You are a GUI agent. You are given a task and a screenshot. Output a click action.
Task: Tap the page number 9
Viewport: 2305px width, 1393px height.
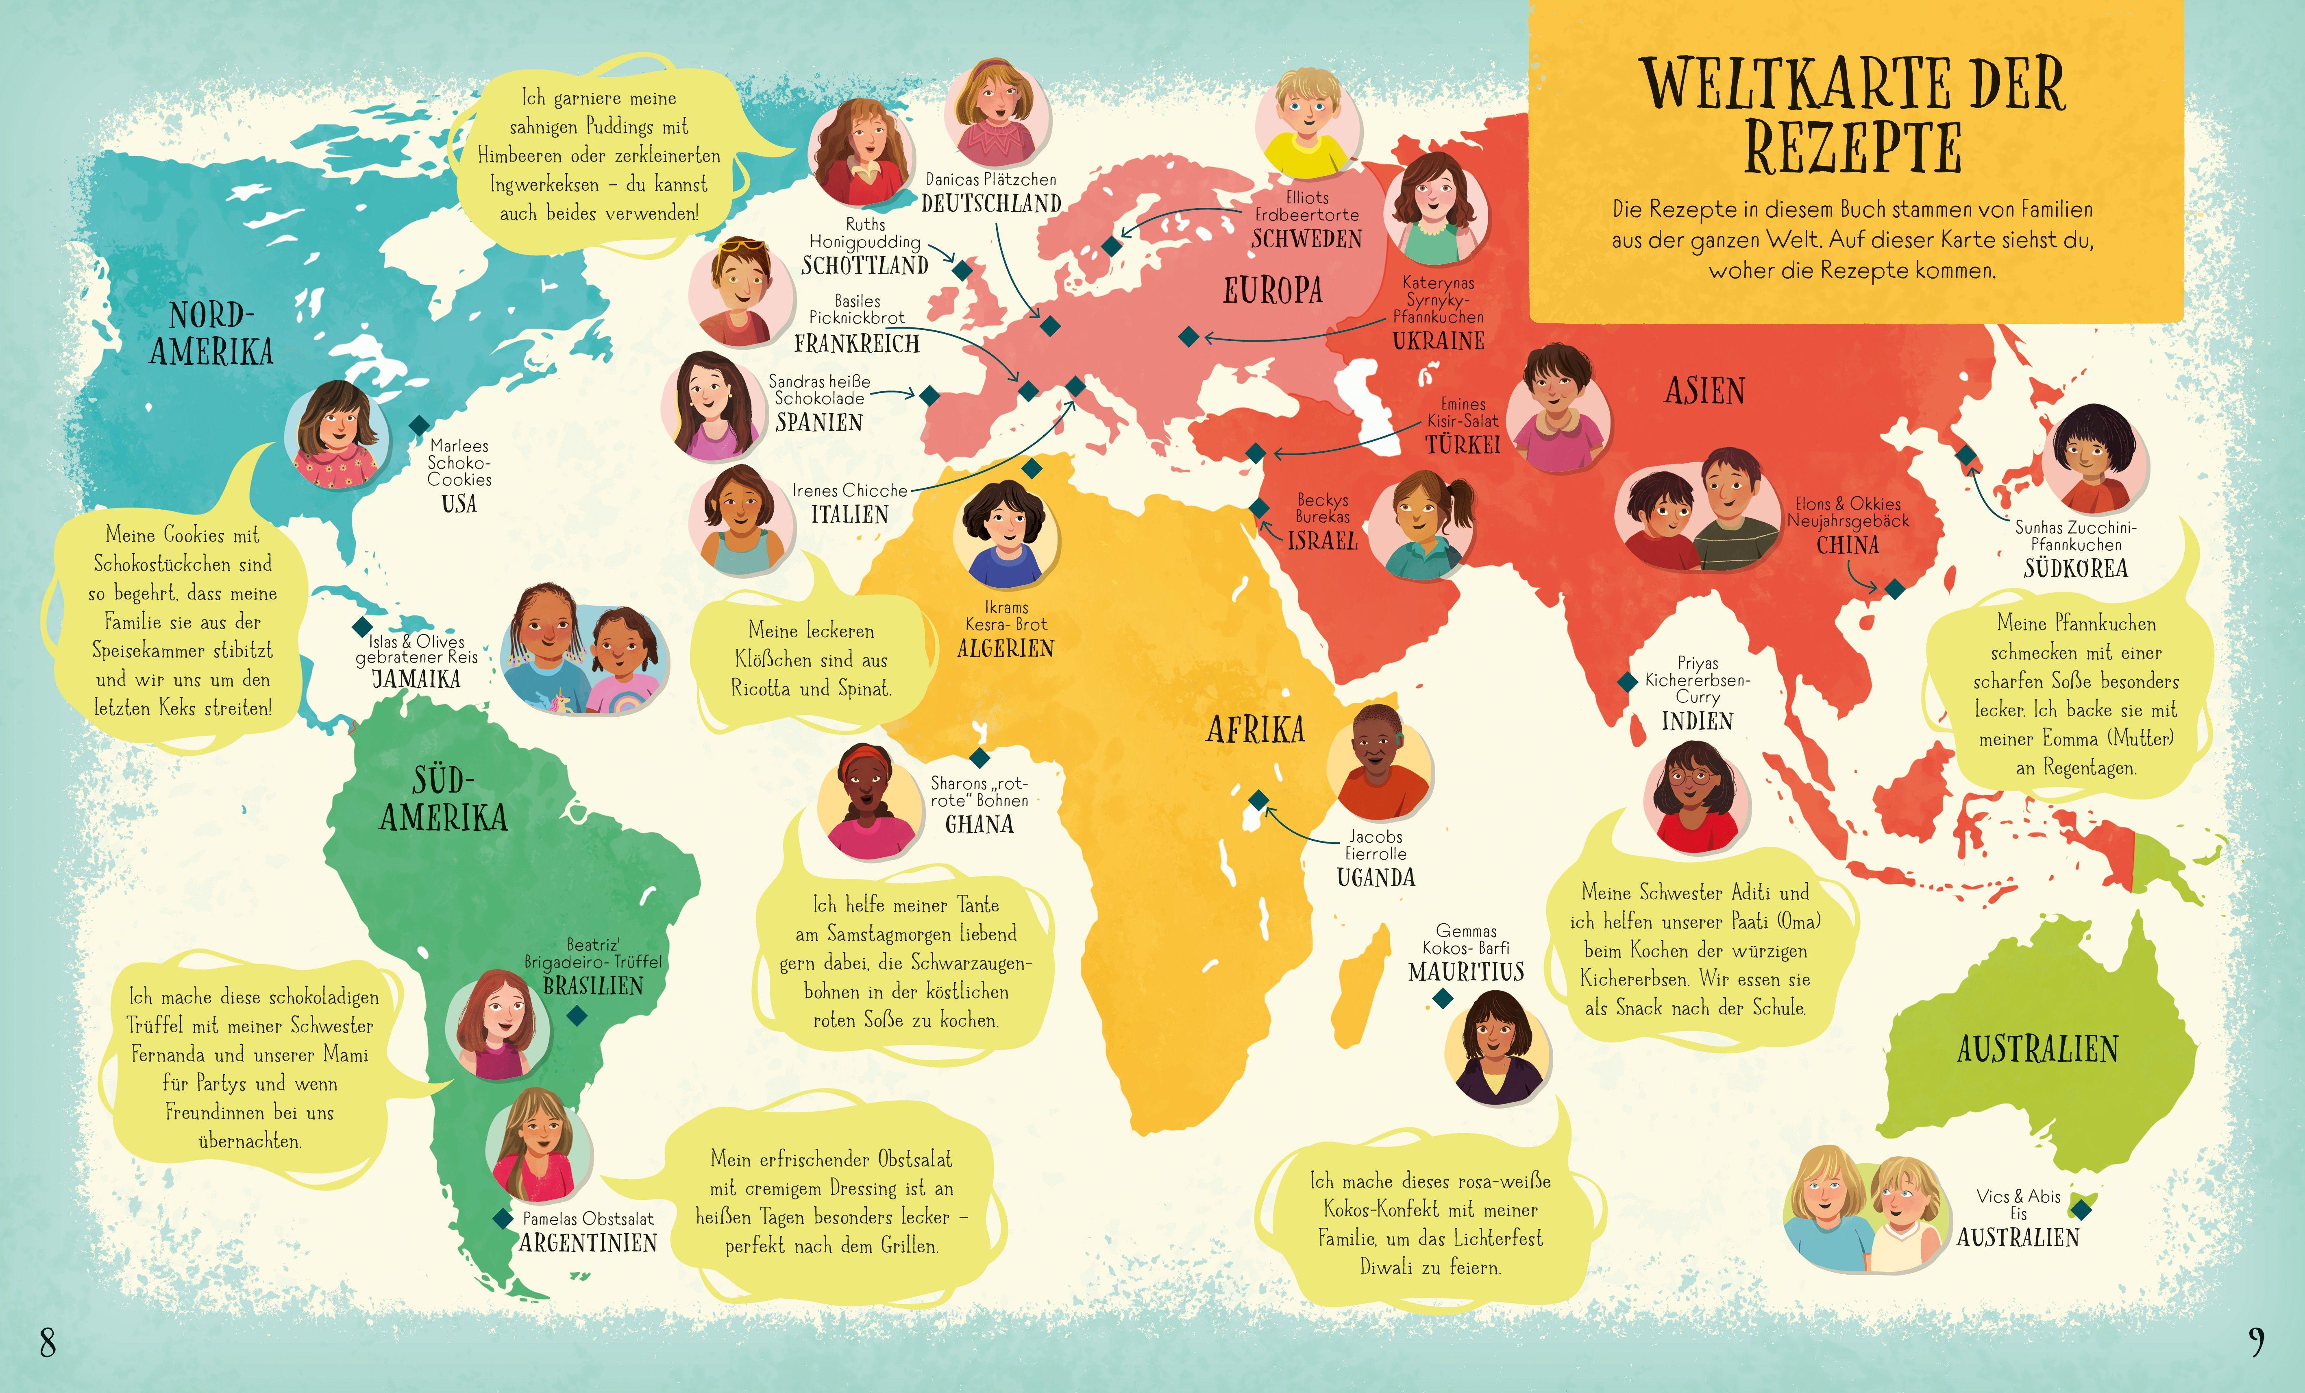pos(2256,1343)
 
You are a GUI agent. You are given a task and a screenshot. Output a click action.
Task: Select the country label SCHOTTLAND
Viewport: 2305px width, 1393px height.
pos(864,266)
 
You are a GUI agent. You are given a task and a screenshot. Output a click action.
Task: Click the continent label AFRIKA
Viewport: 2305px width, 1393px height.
pos(1254,730)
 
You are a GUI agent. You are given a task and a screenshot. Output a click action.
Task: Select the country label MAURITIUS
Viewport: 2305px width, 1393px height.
pos(1466,972)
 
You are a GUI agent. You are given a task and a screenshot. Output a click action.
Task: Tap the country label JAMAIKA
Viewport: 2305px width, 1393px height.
pos(416,679)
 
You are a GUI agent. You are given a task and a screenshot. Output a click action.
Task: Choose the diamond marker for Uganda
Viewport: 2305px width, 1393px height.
pos(1258,800)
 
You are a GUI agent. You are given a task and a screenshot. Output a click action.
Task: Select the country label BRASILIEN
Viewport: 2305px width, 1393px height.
pos(593,986)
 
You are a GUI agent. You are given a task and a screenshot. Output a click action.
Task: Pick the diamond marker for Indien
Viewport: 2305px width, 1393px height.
pos(1628,682)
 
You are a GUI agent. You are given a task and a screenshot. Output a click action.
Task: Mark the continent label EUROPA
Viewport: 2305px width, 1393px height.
pos(1272,291)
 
